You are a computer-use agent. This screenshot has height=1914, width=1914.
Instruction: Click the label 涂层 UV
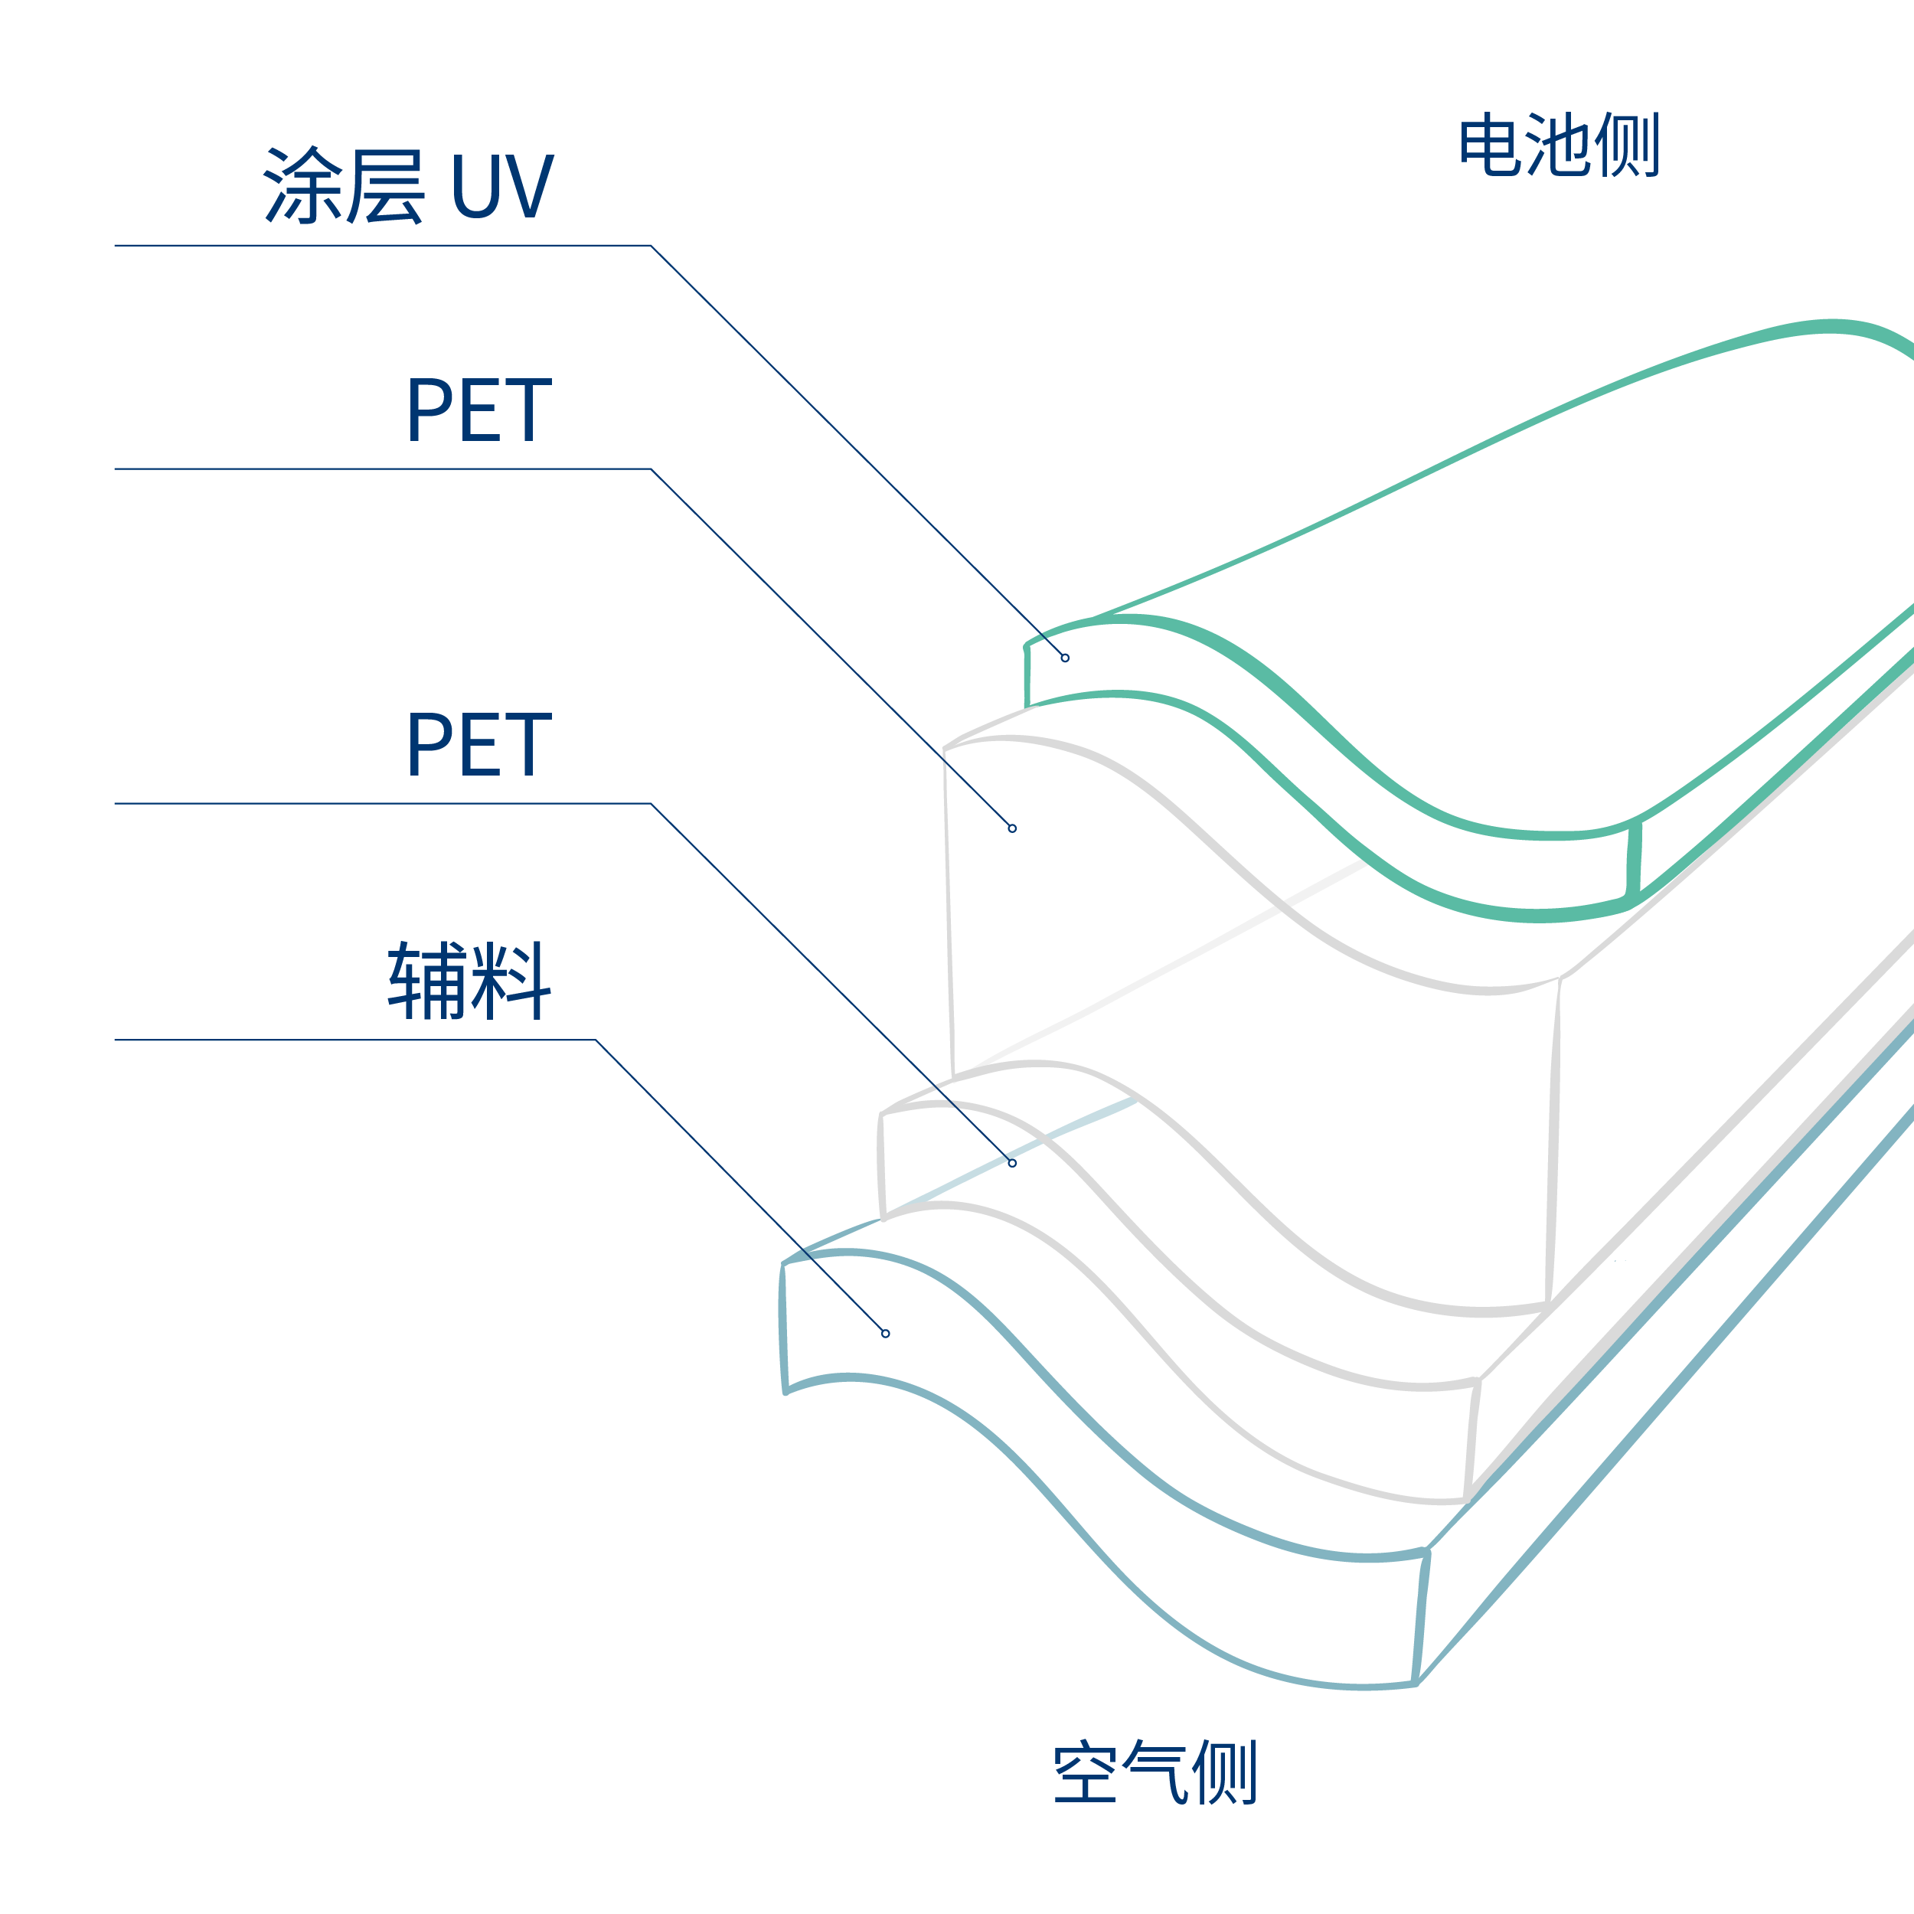(x=408, y=185)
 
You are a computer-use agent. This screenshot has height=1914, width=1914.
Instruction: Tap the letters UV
(x=502, y=185)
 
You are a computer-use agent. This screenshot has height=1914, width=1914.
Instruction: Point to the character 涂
(x=303, y=185)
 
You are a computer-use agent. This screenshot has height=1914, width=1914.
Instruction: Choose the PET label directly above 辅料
(x=478, y=744)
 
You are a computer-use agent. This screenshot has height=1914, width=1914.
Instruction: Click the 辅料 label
(x=469, y=980)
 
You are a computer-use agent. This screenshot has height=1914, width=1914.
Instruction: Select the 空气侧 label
(x=1155, y=1772)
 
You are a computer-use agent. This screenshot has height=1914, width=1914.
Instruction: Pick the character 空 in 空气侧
(x=1085, y=1772)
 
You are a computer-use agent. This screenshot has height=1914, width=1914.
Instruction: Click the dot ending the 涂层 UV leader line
(x=1065, y=658)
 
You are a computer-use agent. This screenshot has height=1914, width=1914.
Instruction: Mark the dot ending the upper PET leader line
(x=1012, y=828)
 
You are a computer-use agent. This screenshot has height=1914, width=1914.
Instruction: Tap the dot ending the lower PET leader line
(x=1012, y=1163)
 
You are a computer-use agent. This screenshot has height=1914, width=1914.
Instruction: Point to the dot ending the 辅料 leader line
(x=886, y=1334)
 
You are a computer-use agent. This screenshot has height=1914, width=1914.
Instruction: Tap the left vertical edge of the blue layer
(x=782, y=1328)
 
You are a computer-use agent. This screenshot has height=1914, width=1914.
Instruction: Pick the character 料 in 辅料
(x=511, y=980)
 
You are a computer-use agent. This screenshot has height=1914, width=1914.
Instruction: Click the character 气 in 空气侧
(x=1155, y=1772)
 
